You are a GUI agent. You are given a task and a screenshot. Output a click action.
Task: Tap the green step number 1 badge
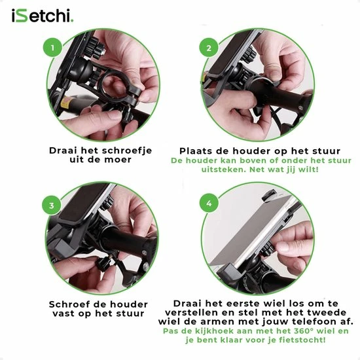(x=54, y=48)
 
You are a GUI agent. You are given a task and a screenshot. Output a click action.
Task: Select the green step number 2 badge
(x=209, y=48)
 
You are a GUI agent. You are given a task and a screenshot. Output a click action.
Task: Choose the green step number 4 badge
(x=209, y=204)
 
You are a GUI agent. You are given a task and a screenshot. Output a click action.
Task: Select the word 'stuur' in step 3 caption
(x=134, y=314)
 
